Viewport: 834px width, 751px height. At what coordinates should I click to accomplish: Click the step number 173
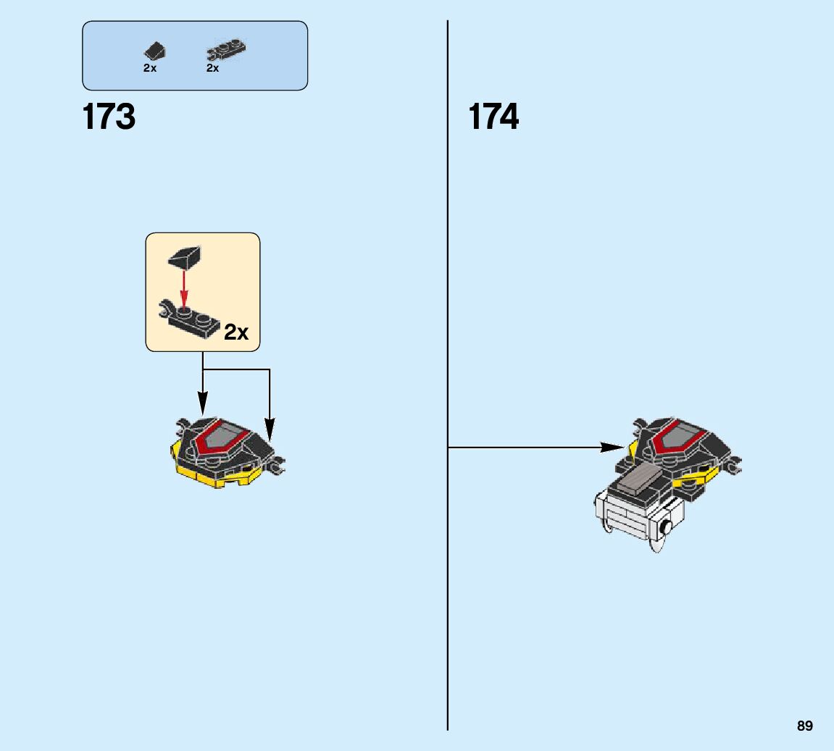coord(109,117)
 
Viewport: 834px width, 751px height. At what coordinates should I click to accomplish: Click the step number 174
coord(493,117)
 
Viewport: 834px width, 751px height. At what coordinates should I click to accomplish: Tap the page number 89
coord(804,726)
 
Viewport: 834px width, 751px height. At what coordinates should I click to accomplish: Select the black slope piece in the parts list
coord(154,51)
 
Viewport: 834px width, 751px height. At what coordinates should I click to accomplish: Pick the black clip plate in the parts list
coord(226,50)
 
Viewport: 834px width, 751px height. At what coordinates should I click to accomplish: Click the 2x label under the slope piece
coord(150,68)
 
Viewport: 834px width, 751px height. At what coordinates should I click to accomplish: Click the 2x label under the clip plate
coord(212,68)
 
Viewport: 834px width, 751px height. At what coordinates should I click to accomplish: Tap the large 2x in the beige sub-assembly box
coord(236,332)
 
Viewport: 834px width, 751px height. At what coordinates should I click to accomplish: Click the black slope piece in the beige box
coord(185,256)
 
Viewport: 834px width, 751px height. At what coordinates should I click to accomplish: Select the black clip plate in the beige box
coord(190,321)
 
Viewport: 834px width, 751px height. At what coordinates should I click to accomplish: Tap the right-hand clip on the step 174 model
coord(735,466)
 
